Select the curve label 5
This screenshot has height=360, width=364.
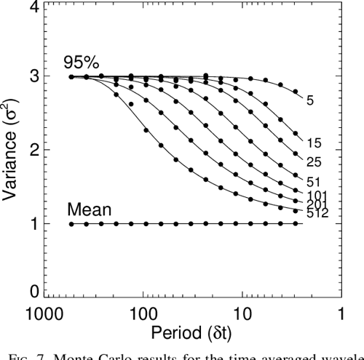point(310,101)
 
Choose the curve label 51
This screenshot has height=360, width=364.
point(314,180)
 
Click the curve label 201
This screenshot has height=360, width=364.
point(317,204)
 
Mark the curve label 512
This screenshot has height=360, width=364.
point(317,215)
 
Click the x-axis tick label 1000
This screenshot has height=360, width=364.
point(45,314)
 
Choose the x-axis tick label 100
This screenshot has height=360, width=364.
point(144,314)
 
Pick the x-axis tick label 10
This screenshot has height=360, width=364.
point(242,314)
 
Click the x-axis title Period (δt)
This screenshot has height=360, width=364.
point(193,332)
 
